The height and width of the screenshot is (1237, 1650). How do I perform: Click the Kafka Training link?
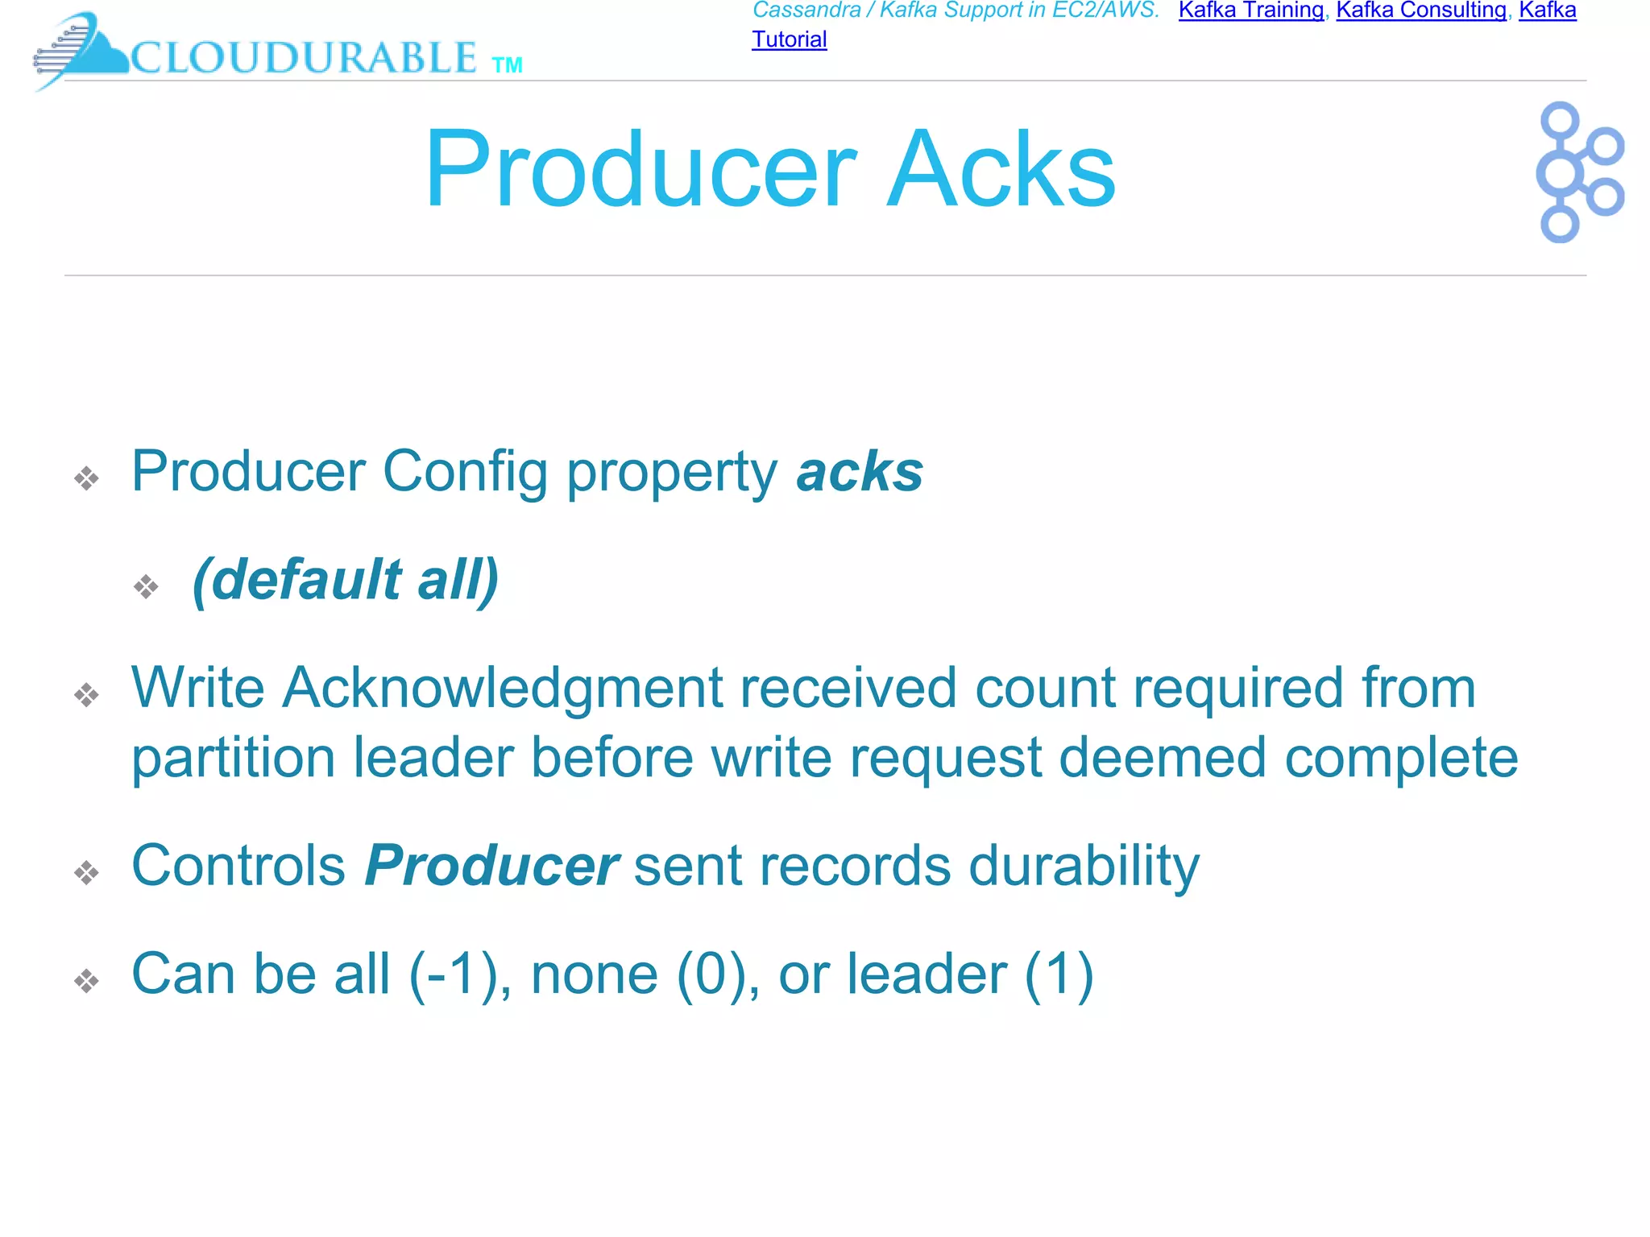(x=1250, y=10)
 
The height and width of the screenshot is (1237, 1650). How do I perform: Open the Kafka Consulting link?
(x=1421, y=10)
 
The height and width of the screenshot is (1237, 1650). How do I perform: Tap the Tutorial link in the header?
(x=789, y=39)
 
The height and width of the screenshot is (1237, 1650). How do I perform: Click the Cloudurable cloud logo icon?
(x=81, y=50)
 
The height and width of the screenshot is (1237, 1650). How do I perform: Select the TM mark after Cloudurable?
(x=507, y=65)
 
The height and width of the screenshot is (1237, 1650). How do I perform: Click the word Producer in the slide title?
(x=641, y=170)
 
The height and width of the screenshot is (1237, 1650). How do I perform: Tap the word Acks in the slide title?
(x=1001, y=170)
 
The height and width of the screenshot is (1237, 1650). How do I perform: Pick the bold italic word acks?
(x=859, y=472)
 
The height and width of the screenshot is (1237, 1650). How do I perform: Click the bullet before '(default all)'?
(x=146, y=585)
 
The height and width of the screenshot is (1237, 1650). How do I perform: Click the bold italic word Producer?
(x=491, y=866)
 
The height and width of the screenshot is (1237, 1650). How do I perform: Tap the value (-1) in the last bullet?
(x=454, y=974)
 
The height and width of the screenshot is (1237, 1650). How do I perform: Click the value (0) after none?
(x=717, y=974)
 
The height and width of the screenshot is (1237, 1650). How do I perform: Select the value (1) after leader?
(x=1059, y=974)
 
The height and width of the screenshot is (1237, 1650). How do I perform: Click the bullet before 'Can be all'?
(x=86, y=981)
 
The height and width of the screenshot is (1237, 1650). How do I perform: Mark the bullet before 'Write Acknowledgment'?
(x=86, y=694)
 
